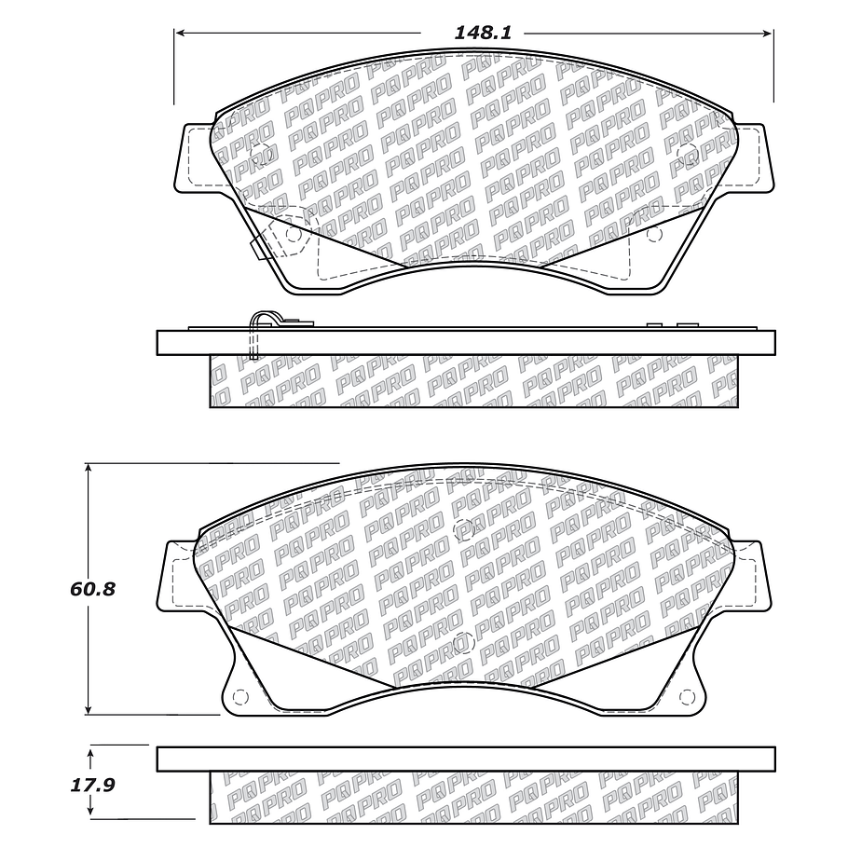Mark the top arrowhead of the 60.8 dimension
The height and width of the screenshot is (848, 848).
pyautogui.click(x=88, y=469)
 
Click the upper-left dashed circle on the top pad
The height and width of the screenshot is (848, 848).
pyautogui.click(x=263, y=155)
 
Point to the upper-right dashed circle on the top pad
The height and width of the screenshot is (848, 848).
pyautogui.click(x=688, y=155)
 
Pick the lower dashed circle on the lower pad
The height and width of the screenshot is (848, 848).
pyautogui.click(x=463, y=642)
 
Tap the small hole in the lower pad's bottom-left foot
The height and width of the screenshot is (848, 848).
pyautogui.click(x=239, y=696)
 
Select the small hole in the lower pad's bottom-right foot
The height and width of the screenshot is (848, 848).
pyautogui.click(x=688, y=696)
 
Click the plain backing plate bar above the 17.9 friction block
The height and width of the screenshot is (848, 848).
pyautogui.click(x=466, y=759)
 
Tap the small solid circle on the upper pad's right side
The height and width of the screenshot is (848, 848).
pyautogui.click(x=652, y=234)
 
